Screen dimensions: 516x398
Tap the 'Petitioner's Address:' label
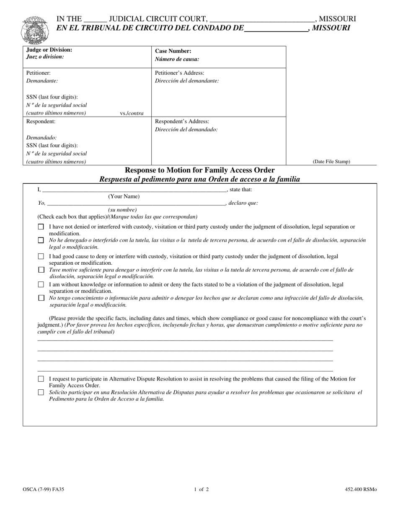click(x=179, y=73)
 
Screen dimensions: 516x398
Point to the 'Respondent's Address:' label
click(x=182, y=122)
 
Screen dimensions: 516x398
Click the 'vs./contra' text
click(x=132, y=113)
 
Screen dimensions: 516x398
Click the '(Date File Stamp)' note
click(x=331, y=162)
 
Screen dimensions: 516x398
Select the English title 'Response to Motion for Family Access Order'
click(x=199, y=170)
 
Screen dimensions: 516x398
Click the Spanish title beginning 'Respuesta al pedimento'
click(x=199, y=180)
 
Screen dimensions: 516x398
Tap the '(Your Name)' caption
click(x=124, y=196)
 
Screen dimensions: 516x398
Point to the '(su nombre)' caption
click(x=122, y=210)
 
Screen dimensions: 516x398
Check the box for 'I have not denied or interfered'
click(x=41, y=227)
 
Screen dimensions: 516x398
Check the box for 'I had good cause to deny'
click(x=41, y=256)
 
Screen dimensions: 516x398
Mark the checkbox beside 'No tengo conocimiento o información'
click(x=41, y=298)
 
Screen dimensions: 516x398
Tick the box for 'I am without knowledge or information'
click(x=41, y=285)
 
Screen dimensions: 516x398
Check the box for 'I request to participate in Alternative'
click(x=41, y=379)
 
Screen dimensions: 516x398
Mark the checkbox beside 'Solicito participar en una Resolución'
click(x=41, y=393)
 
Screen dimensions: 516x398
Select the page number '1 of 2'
click(x=202, y=489)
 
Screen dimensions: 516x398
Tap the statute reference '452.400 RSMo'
click(x=361, y=489)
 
